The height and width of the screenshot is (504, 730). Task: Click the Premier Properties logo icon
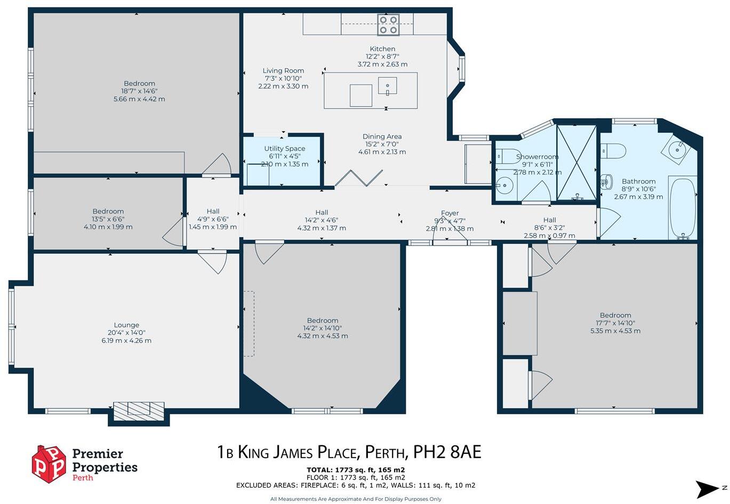pyautogui.click(x=49, y=464)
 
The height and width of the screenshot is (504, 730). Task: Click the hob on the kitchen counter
pyautogui.click(x=388, y=25)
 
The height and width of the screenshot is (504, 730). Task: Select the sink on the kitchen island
pyautogui.click(x=388, y=85)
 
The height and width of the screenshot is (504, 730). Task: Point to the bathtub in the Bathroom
pyautogui.click(x=683, y=208)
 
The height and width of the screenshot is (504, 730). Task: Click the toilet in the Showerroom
pyautogui.click(x=504, y=156)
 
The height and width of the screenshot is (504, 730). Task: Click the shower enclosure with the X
pyautogui.click(x=576, y=162)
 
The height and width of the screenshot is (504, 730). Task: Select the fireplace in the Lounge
pyautogui.click(x=139, y=409)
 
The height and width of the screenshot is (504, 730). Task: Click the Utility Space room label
pyautogui.click(x=285, y=149)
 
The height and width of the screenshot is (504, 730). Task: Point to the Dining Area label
pyautogui.click(x=382, y=137)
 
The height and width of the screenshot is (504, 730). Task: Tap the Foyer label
pyautogui.click(x=450, y=213)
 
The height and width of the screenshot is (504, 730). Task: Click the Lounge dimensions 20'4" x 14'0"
pyautogui.click(x=126, y=333)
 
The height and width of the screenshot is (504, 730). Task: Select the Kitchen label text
pyautogui.click(x=382, y=49)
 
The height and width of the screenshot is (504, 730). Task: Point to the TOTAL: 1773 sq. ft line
pyautogui.click(x=355, y=470)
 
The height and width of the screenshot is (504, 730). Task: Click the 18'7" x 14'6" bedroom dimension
pyautogui.click(x=139, y=91)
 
